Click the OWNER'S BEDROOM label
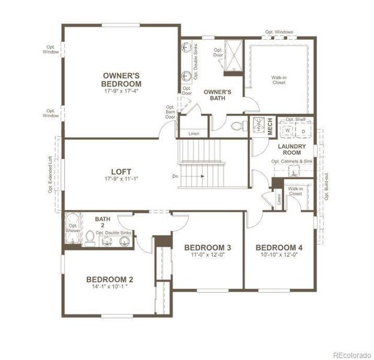point(121,79)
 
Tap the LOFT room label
point(121,171)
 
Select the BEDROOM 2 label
point(109,279)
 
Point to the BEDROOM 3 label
point(207,248)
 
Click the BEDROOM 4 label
point(279,248)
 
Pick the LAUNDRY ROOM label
point(292,149)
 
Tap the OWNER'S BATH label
point(214,95)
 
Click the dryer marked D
point(303,130)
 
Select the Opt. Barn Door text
point(171,112)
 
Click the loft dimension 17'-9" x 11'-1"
point(121,179)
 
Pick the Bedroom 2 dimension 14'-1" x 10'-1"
point(109,287)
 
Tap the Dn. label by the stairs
point(175,176)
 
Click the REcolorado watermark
point(351,353)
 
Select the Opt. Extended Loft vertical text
point(51,174)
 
